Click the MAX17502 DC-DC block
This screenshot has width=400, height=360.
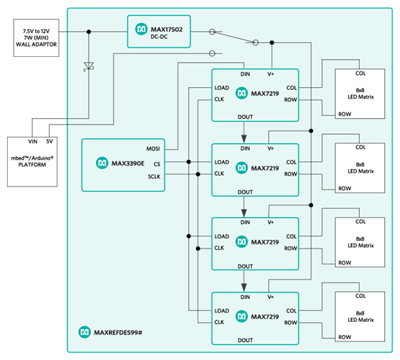tap(159, 31)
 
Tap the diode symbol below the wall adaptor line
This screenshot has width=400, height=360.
tap(89, 66)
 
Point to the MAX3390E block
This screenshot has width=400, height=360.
tap(123, 164)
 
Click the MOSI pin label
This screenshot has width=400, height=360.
tap(152, 150)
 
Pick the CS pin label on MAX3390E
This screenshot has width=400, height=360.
tap(156, 163)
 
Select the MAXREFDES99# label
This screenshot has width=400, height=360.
tap(115, 332)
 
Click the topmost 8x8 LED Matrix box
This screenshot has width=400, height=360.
tap(360, 94)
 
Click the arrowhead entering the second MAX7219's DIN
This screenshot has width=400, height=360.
tap(244, 138)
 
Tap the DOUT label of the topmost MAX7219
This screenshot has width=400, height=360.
tap(244, 115)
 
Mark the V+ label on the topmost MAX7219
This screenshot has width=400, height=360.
tap(271, 74)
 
